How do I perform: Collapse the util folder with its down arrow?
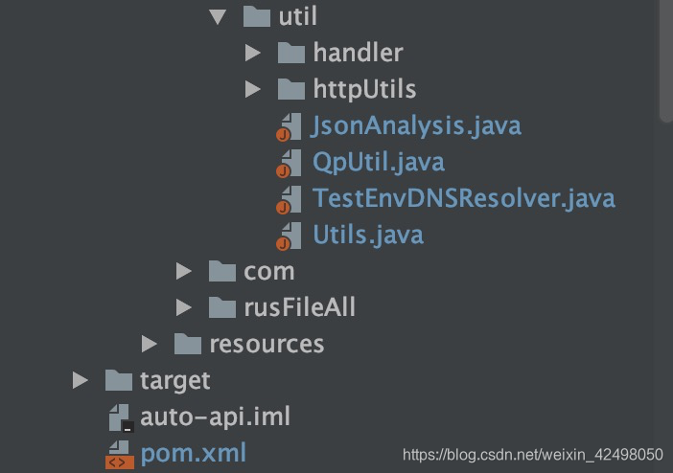tap(218, 16)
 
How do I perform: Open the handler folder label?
tap(358, 53)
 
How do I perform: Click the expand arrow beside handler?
tap(252, 53)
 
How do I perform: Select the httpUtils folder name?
tap(364, 89)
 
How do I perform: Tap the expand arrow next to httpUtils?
tap(252, 89)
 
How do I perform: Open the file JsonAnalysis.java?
tap(416, 125)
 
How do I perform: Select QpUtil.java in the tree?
tap(379, 162)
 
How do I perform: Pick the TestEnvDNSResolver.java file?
tap(464, 198)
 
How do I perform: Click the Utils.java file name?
tap(368, 235)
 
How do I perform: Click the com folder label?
tap(269, 271)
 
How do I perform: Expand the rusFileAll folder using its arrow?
tap(183, 307)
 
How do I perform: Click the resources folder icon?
tap(187, 344)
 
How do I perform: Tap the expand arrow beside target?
tap(80, 380)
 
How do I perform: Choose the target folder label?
tap(174, 380)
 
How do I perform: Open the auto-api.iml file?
tap(215, 417)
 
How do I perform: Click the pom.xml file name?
tap(193, 452)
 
